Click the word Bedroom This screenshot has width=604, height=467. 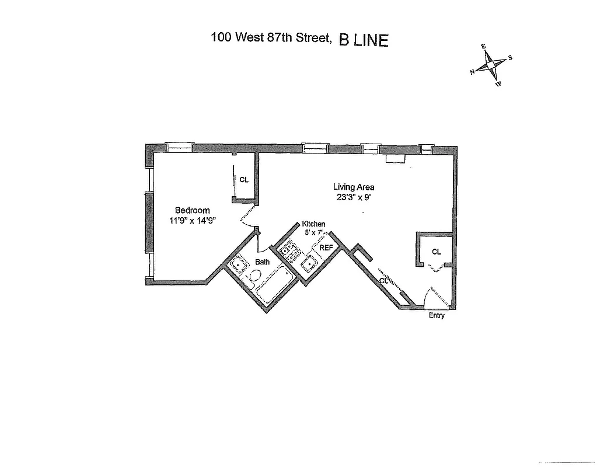click(x=192, y=211)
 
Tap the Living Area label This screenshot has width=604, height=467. click(x=354, y=187)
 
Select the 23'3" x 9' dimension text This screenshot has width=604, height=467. click(x=354, y=197)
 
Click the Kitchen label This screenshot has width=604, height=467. click(x=313, y=224)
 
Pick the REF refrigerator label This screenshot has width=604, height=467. click(x=326, y=248)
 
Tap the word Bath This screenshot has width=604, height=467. click(x=262, y=262)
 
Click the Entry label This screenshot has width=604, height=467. click(x=437, y=316)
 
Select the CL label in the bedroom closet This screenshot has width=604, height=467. click(x=244, y=180)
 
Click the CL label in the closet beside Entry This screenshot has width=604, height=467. click(x=437, y=252)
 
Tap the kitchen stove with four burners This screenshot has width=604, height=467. click(x=289, y=251)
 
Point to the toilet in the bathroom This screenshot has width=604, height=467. click(x=256, y=276)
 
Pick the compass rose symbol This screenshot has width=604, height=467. click(x=491, y=65)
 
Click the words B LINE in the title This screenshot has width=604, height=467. click(x=363, y=40)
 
